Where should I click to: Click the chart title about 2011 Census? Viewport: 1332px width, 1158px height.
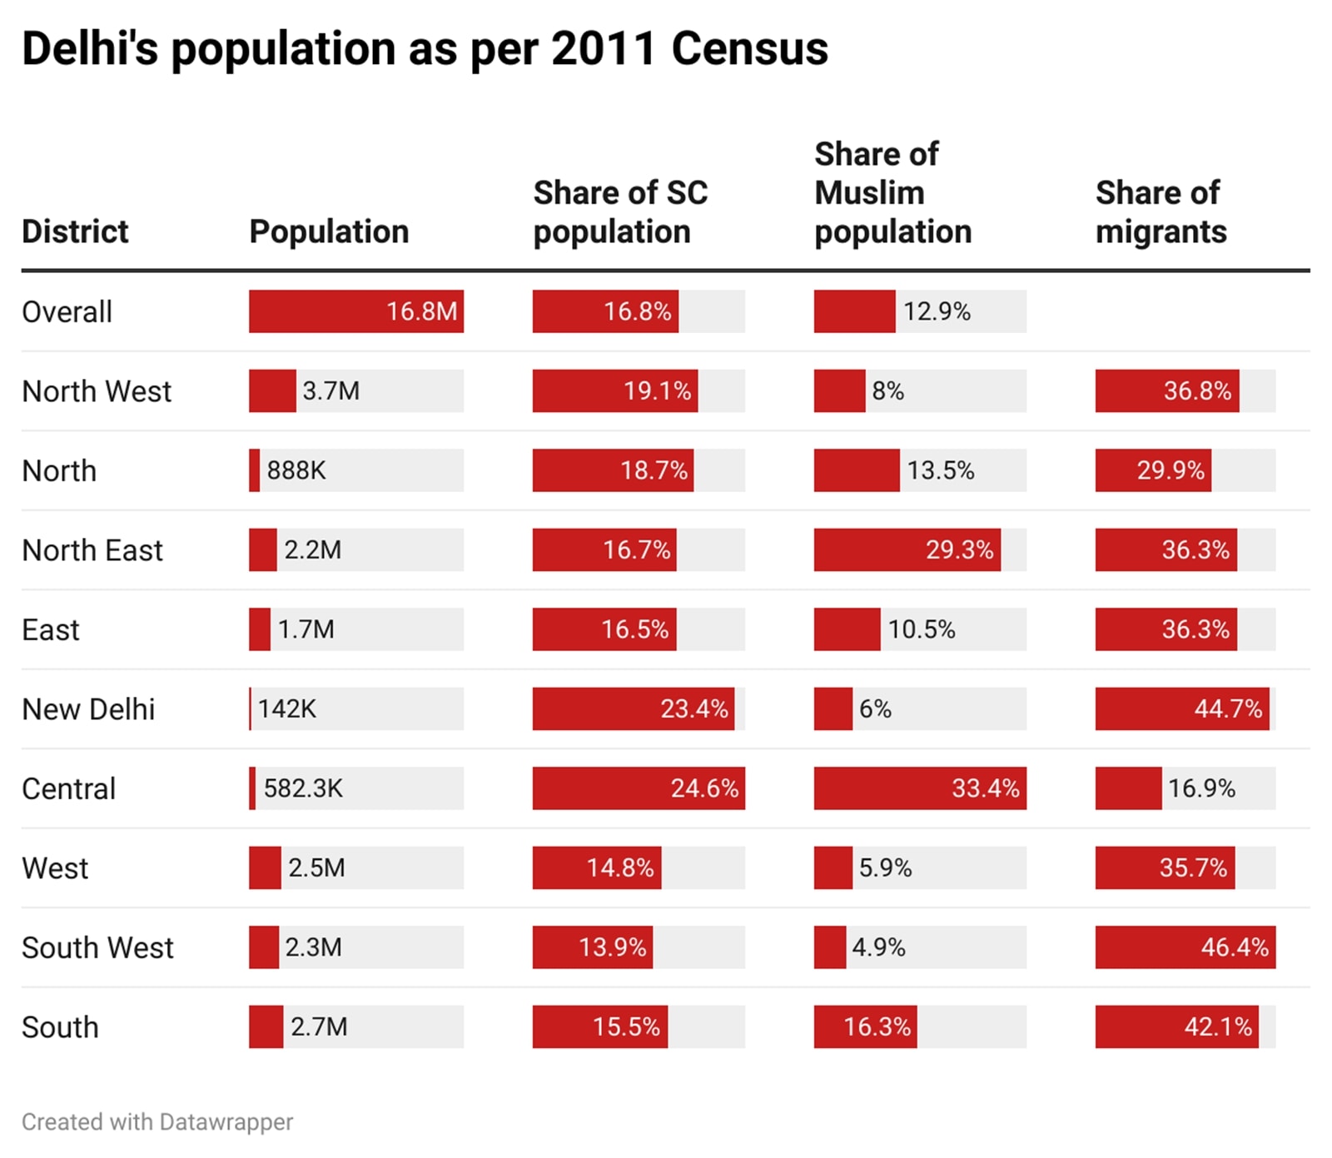coord(425,48)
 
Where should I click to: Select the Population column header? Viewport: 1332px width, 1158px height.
coord(329,231)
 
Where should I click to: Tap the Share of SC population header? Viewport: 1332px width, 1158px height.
coord(619,212)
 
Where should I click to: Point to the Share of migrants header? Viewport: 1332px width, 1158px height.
coord(1161,212)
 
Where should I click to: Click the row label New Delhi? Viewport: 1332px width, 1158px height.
coord(88,709)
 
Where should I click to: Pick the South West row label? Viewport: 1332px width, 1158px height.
coord(97,947)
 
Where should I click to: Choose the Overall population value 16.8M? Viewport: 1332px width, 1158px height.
coord(421,311)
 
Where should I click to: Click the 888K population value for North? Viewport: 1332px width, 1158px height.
coord(296,470)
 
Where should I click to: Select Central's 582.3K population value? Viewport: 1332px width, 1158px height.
coord(303,788)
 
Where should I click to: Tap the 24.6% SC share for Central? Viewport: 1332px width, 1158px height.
coord(704,788)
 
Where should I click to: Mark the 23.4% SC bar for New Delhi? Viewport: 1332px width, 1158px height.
coord(634,709)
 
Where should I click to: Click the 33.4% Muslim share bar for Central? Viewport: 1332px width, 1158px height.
coord(920,788)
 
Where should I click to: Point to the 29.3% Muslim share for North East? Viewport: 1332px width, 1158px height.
coord(959,550)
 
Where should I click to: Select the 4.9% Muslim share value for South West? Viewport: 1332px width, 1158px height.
coord(878,947)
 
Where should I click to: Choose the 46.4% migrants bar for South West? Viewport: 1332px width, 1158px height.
coord(1185,947)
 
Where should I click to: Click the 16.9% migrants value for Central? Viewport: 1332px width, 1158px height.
coord(1201,788)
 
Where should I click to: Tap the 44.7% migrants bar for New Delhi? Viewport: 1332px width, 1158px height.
coord(1182,709)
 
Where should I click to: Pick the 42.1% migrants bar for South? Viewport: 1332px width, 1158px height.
coord(1176,1026)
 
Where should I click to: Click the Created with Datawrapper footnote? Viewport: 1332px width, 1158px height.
coord(157,1122)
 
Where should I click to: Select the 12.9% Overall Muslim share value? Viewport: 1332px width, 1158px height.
coord(937,311)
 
